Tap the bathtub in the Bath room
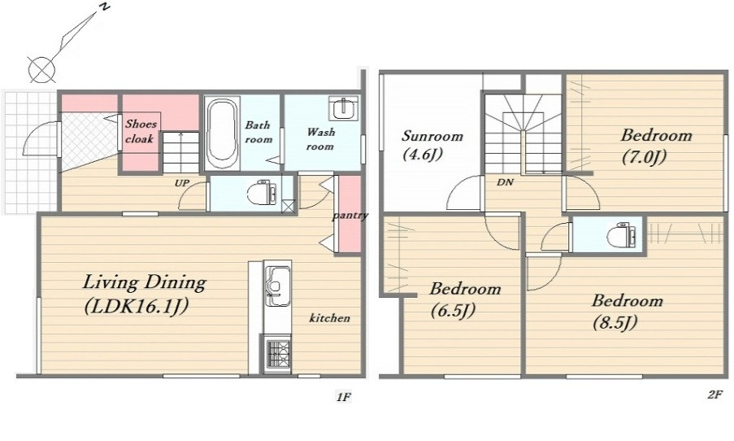coord(223,133)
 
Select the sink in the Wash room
coord(344,107)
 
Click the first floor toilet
coord(261,193)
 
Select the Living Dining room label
coord(144,294)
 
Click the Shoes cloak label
coord(141,131)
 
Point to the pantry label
coord(350,216)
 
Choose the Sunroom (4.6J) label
coord(432,145)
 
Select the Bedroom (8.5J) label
coord(627,311)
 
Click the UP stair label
coord(181,183)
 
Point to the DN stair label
coord(505,182)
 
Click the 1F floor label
coord(343,397)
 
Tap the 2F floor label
coord(714,395)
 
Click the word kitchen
coord(329,318)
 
